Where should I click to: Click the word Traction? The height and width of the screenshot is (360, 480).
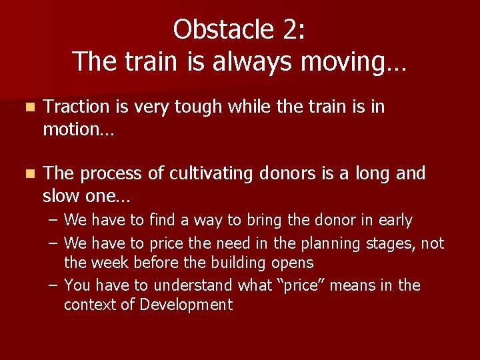76,107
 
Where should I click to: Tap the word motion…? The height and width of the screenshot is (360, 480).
79,129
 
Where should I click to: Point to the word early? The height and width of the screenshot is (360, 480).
395,220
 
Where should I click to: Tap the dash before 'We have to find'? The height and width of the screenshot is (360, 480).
53,220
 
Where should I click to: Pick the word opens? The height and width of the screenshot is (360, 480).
294,263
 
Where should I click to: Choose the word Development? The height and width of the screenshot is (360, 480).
187,305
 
